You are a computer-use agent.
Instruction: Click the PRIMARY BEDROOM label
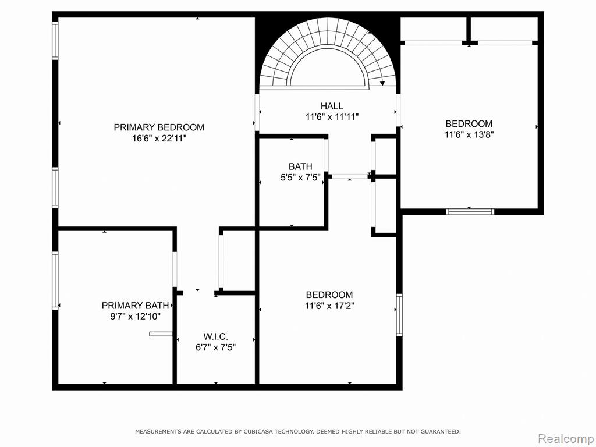point(159,127)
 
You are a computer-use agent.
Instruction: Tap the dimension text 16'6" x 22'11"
point(159,139)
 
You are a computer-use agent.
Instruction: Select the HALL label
point(331,106)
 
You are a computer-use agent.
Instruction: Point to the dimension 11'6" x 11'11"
point(332,117)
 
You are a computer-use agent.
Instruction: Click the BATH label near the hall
point(300,166)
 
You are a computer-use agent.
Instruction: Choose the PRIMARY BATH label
point(135,306)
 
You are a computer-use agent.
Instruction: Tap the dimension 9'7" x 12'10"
point(135,316)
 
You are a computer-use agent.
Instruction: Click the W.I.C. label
point(215,336)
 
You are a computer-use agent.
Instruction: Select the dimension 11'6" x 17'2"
point(329,306)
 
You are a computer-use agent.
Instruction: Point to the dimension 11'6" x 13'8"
point(469,134)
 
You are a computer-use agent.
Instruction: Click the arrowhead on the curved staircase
point(382,83)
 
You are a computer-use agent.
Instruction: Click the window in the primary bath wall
point(55,280)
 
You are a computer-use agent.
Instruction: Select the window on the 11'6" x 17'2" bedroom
point(399,315)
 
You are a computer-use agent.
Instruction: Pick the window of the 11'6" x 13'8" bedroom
point(470,212)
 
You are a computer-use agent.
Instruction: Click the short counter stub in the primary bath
point(161,334)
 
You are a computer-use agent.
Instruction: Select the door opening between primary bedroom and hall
point(257,112)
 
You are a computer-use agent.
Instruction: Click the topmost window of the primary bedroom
point(55,40)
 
